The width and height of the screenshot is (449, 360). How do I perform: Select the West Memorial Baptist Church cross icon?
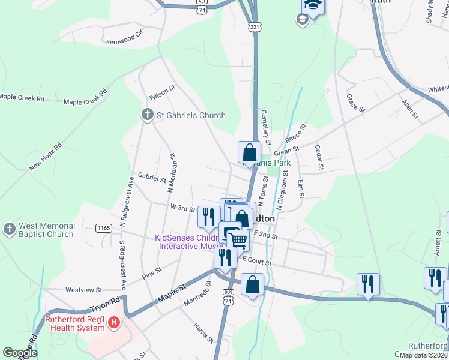click(x=9, y=229)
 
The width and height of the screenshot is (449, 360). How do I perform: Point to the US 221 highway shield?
click(x=255, y=27)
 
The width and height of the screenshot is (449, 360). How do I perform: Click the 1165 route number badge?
click(x=104, y=228)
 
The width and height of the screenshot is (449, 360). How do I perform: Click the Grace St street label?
click(x=356, y=103)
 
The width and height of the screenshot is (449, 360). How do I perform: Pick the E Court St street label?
click(x=257, y=260)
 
